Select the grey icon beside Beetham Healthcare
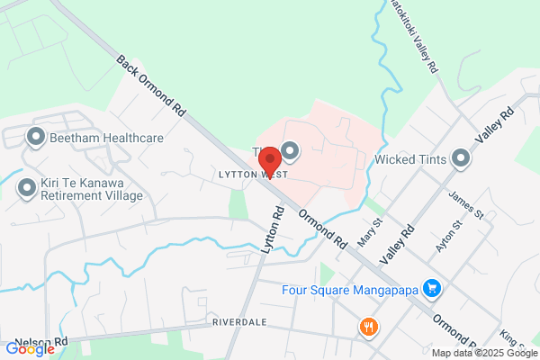point(36,138)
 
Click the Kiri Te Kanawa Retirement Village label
point(92,189)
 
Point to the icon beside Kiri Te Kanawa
point(26,188)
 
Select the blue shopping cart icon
point(433,289)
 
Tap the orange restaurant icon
point(367,328)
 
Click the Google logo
point(29,349)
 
